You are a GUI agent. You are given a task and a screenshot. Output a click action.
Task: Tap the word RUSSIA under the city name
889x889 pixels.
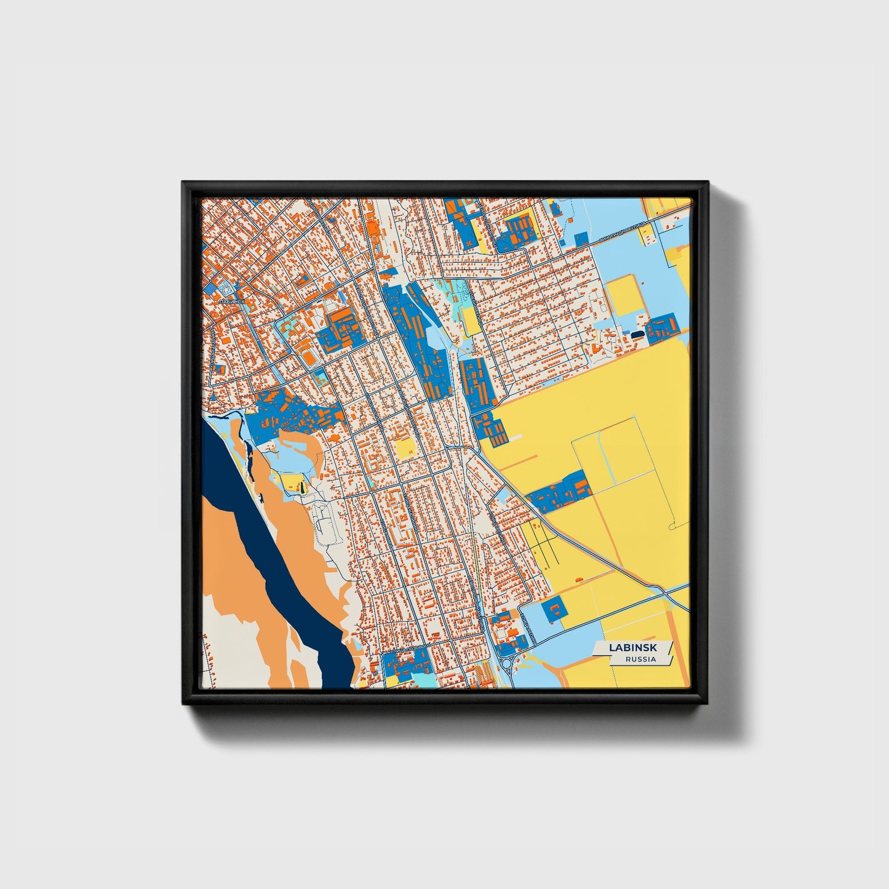640,660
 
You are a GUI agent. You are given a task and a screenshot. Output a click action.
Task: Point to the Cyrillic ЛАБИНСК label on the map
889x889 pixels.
231,301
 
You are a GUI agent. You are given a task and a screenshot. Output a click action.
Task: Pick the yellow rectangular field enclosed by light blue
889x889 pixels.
623,295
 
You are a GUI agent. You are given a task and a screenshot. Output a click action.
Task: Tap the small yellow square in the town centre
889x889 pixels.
405,448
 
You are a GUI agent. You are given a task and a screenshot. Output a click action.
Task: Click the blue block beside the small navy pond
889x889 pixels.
661,327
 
